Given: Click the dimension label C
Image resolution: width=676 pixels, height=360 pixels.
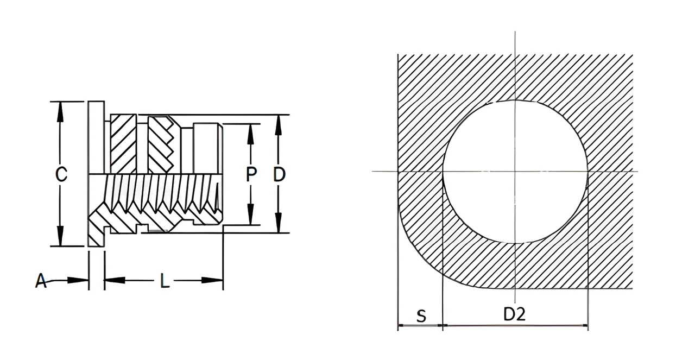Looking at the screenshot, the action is [x=61, y=174].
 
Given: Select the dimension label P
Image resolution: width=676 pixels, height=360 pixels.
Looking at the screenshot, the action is [x=251, y=174].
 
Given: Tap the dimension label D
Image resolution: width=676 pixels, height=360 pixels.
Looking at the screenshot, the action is [x=279, y=174].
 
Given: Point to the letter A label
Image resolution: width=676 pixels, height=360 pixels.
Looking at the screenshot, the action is [x=41, y=281].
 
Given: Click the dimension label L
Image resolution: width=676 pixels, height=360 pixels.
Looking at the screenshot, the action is [x=165, y=281].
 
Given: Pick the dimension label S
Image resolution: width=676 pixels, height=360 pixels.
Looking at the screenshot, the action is [x=421, y=316].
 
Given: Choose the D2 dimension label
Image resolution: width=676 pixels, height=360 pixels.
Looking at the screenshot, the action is [x=515, y=314].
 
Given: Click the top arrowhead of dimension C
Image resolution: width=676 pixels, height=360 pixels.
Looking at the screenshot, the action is [x=60, y=112].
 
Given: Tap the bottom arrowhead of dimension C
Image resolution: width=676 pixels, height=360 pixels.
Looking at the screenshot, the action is [x=60, y=236].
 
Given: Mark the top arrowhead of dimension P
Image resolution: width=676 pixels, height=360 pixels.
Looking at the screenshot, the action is [x=250, y=134].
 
